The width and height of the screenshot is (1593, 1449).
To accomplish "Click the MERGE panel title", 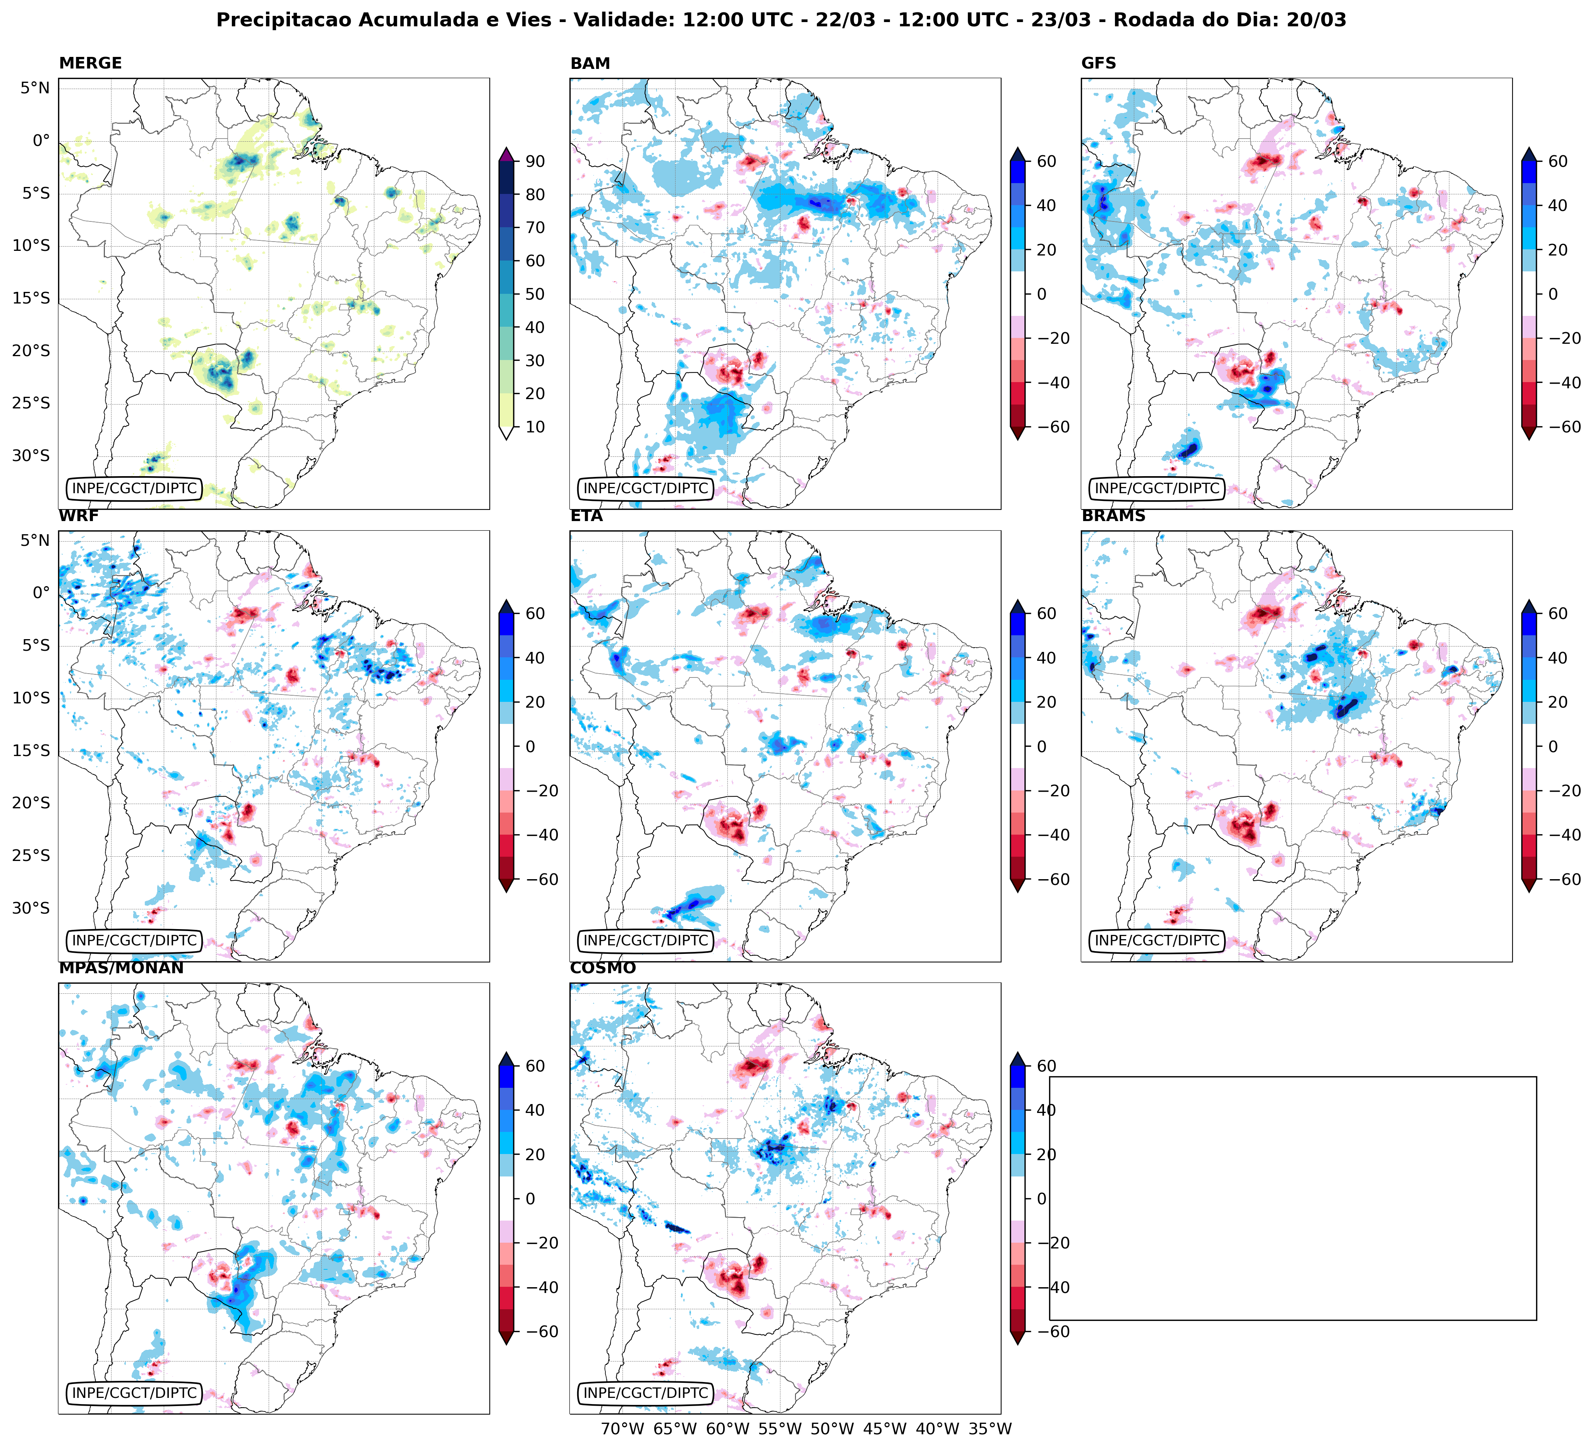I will pos(90,63).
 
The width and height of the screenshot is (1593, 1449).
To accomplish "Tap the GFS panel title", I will pos(1098,63).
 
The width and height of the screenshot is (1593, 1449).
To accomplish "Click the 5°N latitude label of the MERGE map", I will pos(35,88).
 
